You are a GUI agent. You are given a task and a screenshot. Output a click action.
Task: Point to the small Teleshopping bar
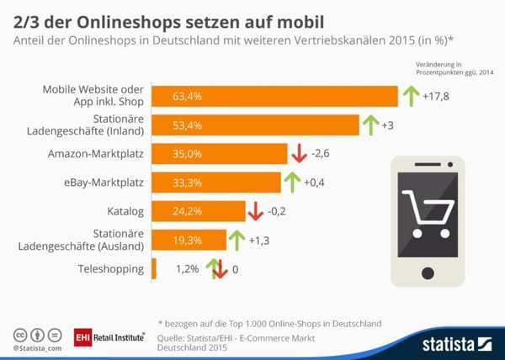153,269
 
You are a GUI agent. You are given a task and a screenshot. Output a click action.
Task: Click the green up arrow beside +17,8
409,97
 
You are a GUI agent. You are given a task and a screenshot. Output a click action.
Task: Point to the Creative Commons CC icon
19,333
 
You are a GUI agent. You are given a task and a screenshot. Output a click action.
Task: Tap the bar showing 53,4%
252,125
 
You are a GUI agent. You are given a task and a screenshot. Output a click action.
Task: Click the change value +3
388,125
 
